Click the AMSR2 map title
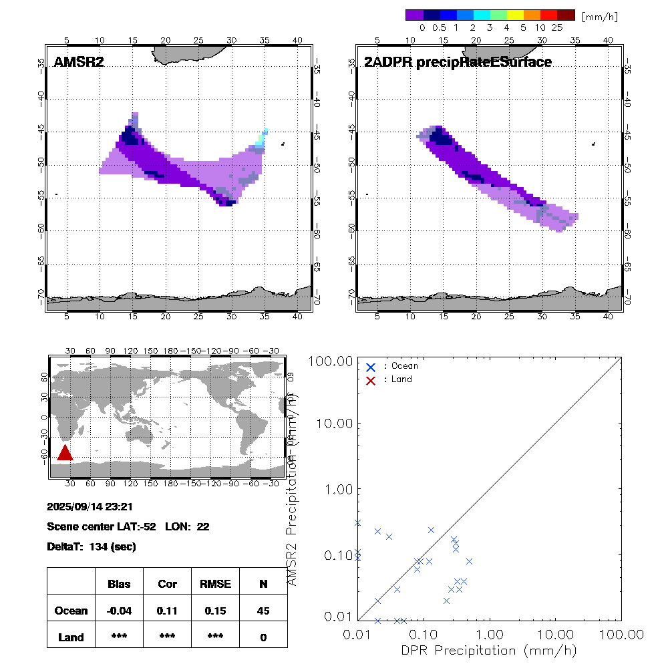(x=79, y=63)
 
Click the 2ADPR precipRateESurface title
(x=458, y=63)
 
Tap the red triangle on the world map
(x=65, y=453)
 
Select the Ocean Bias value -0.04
(x=119, y=611)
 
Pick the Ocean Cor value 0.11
(x=167, y=611)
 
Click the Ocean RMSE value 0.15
(x=215, y=611)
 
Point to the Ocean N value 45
(x=263, y=611)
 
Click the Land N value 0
(x=263, y=637)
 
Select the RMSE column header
(x=215, y=584)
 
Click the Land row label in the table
(x=71, y=637)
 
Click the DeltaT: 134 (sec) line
(x=92, y=547)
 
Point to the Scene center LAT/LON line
(x=128, y=526)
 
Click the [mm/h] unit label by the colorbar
(x=600, y=15)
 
